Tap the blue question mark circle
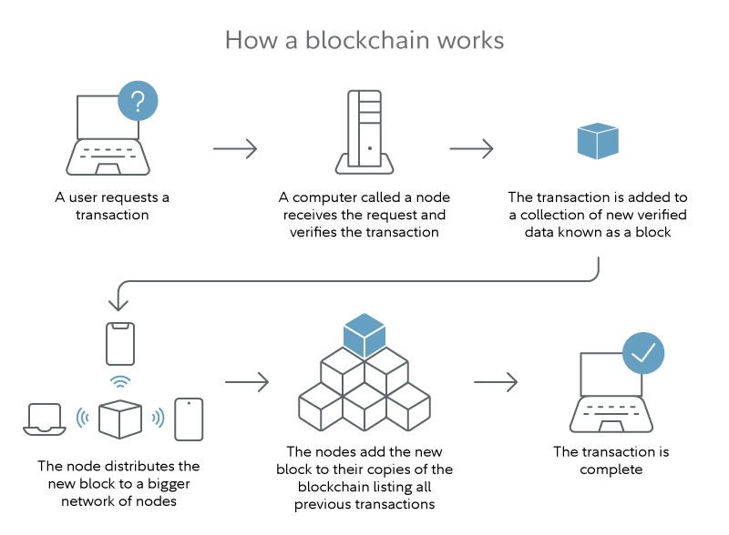[x=138, y=100]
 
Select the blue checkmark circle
[x=643, y=353]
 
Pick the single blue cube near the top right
[x=598, y=140]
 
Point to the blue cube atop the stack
[x=364, y=336]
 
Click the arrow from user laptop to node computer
[x=235, y=148]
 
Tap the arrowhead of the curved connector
[x=120, y=304]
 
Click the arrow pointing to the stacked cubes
[x=247, y=382]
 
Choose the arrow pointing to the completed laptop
[x=496, y=382]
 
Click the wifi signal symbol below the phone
[x=120, y=380]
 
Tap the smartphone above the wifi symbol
[x=120, y=344]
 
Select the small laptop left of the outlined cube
[x=44, y=419]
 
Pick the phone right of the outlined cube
[x=189, y=419]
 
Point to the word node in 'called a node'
[x=433, y=197]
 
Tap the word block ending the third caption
[x=652, y=232]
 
